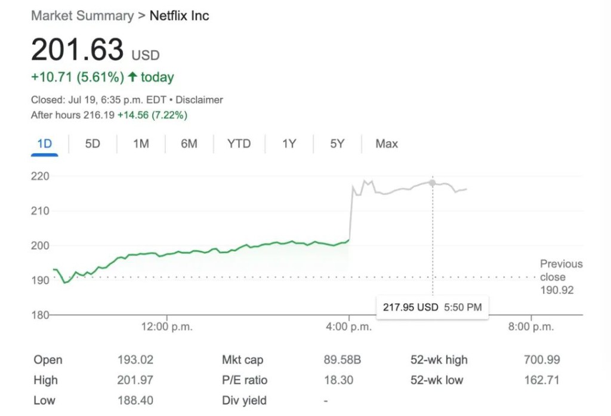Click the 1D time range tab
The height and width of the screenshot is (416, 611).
point(45,144)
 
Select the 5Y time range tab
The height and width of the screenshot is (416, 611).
point(337,144)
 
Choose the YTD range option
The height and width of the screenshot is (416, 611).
point(239,144)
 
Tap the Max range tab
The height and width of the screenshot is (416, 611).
point(387,144)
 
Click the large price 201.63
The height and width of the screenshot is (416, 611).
point(78,50)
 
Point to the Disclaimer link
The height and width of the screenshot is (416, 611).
point(199,100)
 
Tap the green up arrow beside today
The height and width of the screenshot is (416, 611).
point(132,77)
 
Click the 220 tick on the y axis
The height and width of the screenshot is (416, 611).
point(41,176)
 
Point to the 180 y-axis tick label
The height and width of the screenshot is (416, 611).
point(41,315)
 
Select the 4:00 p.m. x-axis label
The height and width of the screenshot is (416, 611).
point(350,327)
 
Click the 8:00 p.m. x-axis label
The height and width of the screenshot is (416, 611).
point(531,327)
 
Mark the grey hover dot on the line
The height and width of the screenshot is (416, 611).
point(432,183)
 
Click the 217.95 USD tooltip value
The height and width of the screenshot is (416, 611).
point(411,307)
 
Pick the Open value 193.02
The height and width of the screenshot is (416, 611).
point(135,360)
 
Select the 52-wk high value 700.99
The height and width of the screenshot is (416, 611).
point(542,360)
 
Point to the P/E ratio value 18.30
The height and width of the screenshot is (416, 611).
point(338,380)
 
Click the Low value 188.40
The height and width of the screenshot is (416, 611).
point(135,400)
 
